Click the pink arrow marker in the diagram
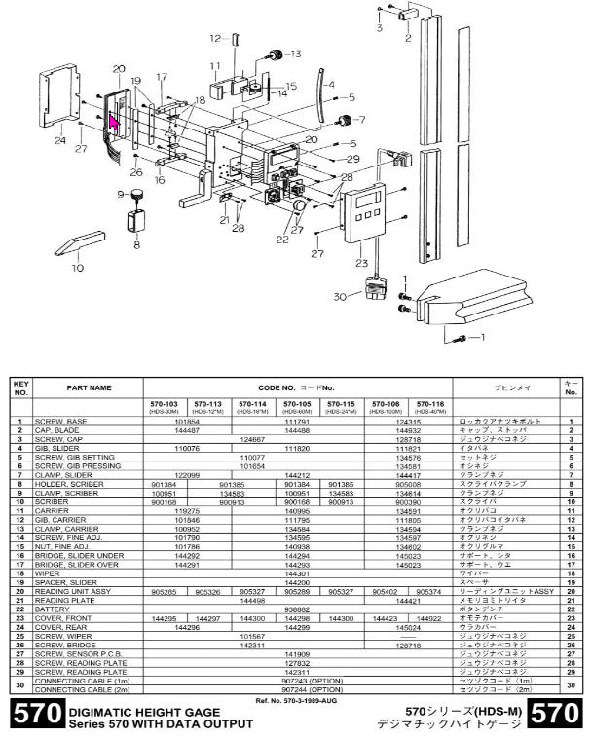(113, 121)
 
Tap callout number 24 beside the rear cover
(60, 140)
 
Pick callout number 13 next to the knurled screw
(293, 54)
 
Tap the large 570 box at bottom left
(33, 717)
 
